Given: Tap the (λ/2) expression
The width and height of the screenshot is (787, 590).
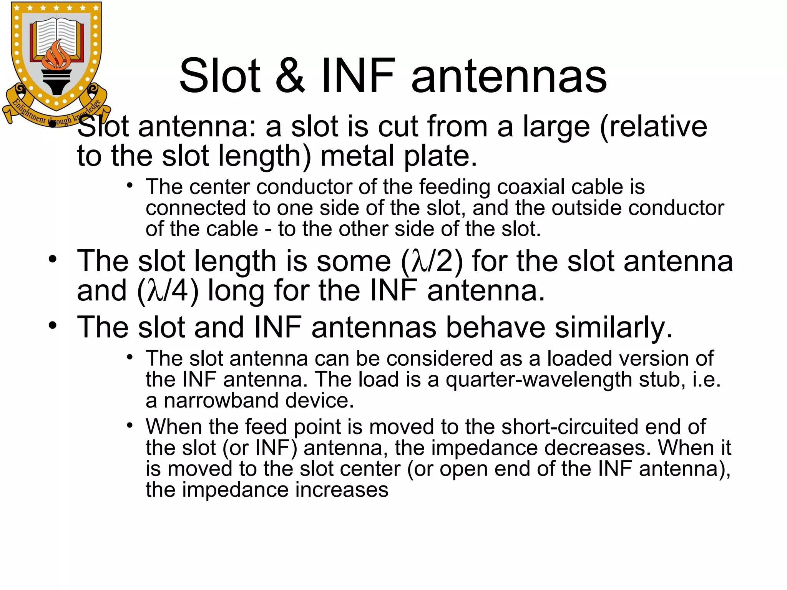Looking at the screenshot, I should pos(432,261).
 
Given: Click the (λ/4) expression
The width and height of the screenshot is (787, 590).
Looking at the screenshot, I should pos(168,291).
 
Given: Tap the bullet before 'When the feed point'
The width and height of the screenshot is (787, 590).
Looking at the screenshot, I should pos(130,425).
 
